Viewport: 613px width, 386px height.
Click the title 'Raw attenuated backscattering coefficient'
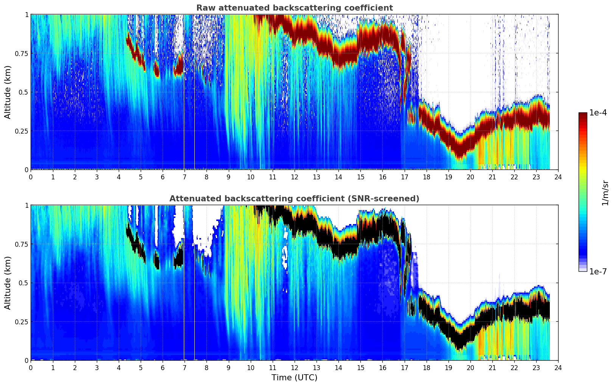[x=294, y=8]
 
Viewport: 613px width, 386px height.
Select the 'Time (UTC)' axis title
[x=294, y=378]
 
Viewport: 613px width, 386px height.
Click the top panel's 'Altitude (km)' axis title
[x=8, y=92]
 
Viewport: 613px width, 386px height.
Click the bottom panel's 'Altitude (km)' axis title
[x=8, y=283]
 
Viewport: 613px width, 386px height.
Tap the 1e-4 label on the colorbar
[x=598, y=113]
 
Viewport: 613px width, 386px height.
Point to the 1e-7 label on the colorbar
[x=598, y=271]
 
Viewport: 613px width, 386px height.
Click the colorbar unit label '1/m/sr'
[x=605, y=193]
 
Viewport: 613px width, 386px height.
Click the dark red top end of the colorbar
[x=583, y=114]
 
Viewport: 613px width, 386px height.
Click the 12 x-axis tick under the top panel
[x=295, y=177]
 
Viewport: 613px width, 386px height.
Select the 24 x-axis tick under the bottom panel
[x=558, y=367]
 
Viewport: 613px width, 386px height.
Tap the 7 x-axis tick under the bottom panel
[x=185, y=367]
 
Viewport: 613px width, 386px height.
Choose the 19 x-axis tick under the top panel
[x=448, y=177]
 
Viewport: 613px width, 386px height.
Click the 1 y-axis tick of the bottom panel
[x=26, y=205]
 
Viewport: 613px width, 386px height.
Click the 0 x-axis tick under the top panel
[x=31, y=177]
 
